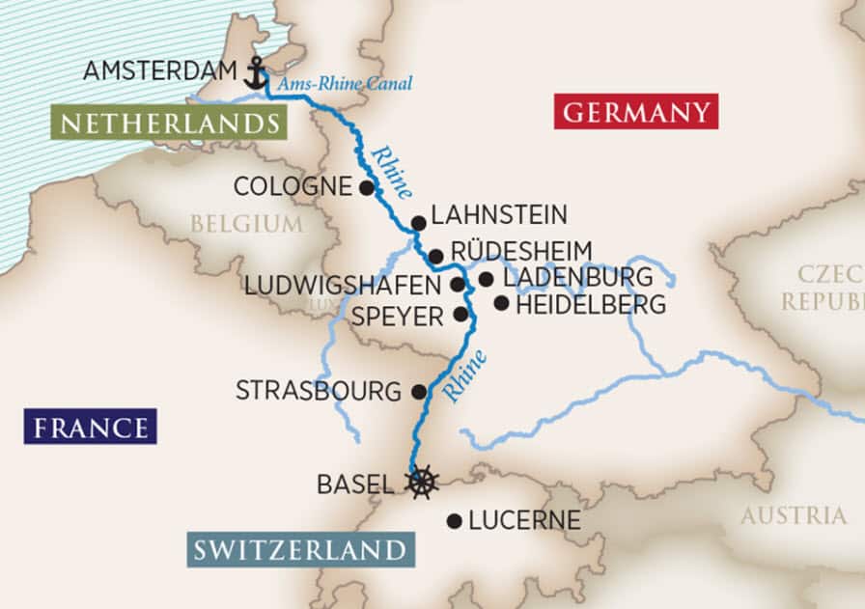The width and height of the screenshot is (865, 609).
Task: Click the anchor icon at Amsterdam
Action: pos(255,73)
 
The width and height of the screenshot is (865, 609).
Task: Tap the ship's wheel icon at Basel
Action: pos(421,481)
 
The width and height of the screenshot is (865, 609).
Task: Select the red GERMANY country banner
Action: pos(636,112)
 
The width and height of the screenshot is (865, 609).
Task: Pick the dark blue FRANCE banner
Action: pos(92,427)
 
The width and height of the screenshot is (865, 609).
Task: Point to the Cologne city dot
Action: pos(366,187)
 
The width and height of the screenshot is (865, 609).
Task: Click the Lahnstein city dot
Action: pos(418,223)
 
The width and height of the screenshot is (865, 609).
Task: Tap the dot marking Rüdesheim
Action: pos(435,257)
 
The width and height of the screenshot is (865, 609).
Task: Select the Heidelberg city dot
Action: pos(501,303)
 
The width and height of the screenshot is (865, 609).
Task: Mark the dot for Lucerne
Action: pos(454,521)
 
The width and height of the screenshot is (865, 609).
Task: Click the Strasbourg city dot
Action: pos(419,392)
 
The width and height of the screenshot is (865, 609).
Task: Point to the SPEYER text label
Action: pos(397,316)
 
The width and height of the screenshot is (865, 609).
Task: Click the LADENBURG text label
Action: pos(578,278)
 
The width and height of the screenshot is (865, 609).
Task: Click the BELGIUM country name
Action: pos(246,224)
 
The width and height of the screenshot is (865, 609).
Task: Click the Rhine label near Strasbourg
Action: pos(464,375)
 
